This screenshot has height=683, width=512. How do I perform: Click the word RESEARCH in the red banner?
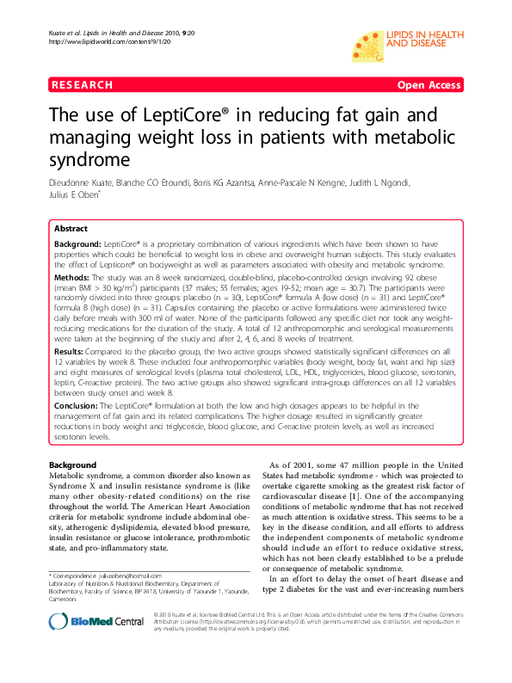tap(82, 85)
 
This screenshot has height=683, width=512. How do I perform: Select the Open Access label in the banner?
tap(428, 85)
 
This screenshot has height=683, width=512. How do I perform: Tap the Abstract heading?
tap(71, 230)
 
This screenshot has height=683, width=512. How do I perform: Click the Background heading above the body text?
tap(73, 465)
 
